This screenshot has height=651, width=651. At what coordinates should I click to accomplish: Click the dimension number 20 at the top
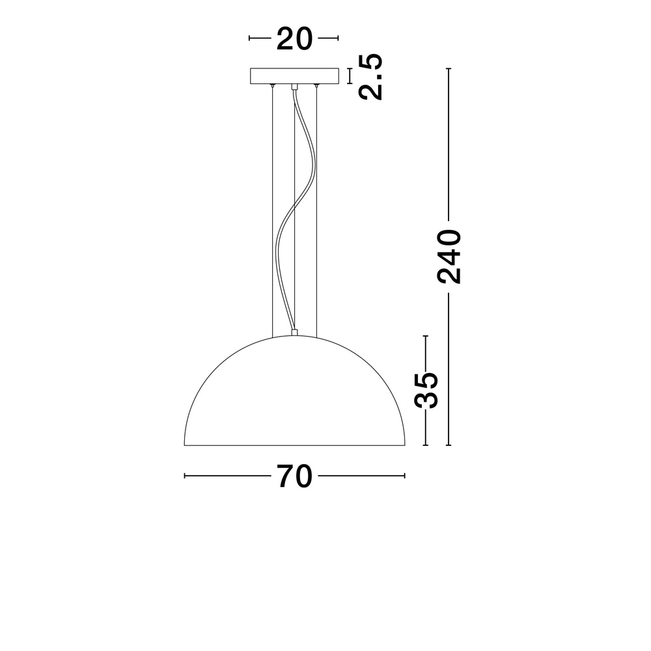click(294, 39)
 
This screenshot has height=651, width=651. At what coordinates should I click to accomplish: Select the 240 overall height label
click(449, 256)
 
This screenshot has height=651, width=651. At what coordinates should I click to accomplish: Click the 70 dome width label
click(295, 476)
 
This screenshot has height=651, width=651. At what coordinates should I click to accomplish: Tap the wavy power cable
click(289, 215)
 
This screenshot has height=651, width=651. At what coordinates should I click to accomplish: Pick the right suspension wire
click(316, 208)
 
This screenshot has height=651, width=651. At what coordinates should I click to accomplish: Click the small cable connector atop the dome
click(295, 333)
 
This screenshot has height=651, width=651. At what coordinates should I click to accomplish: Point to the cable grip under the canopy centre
click(295, 87)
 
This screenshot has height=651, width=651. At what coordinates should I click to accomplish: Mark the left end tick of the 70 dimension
click(186, 476)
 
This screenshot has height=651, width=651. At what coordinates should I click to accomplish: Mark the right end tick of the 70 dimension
click(404, 476)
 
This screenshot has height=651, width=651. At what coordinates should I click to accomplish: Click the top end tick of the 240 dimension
click(449, 68)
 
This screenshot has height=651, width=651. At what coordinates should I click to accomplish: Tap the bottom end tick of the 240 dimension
click(449, 445)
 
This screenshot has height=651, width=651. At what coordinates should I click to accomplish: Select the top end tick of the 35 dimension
click(426, 336)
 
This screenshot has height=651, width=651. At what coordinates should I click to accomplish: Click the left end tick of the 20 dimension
click(250, 39)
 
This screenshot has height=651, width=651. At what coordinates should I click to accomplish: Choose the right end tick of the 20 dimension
click(339, 39)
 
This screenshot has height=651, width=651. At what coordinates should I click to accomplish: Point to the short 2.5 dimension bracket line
click(351, 76)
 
